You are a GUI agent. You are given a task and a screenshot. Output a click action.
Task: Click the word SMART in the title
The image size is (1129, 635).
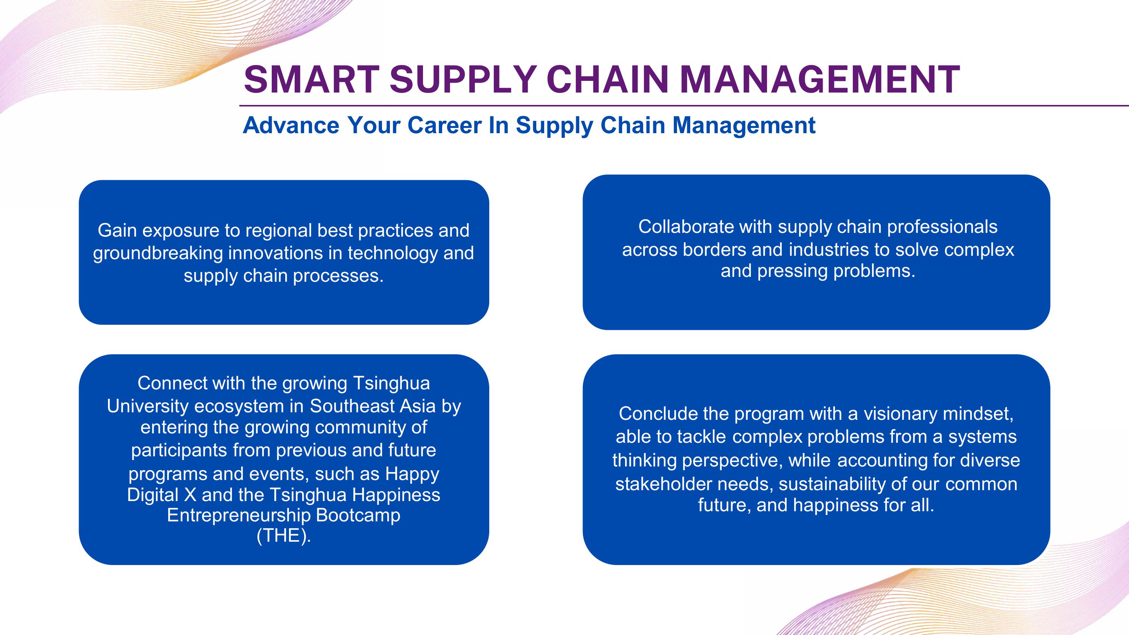click(x=312, y=79)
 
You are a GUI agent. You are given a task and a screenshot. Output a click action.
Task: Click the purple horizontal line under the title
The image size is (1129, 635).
click(x=684, y=106)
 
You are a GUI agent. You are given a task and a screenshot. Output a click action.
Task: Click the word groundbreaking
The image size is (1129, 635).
click(x=158, y=253)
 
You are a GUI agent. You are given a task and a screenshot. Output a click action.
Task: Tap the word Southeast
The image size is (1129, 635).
click(x=346, y=406)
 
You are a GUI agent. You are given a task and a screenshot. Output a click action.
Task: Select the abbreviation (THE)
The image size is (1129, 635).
click(x=283, y=536)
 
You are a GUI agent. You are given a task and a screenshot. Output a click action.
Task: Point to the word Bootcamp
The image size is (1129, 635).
click(x=358, y=516)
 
